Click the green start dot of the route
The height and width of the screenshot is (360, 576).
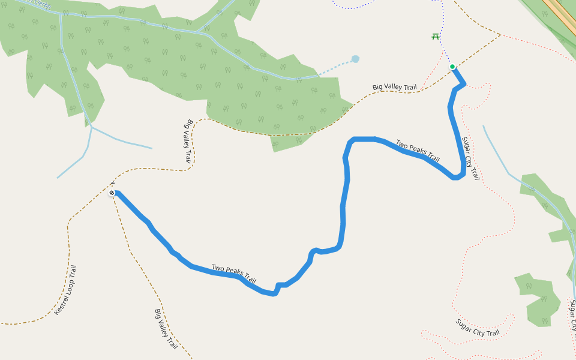point(452,67)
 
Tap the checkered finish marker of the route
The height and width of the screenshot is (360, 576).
point(112,193)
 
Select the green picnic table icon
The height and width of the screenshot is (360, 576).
point(436,37)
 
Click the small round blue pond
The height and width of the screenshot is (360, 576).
point(355,59)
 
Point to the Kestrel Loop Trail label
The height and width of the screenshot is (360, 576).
point(65,290)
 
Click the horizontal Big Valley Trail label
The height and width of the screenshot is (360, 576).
point(394,88)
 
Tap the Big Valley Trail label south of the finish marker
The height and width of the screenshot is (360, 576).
point(166,329)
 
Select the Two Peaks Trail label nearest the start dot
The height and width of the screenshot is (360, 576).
point(418,151)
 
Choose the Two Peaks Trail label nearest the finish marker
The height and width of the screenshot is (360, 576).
point(234,274)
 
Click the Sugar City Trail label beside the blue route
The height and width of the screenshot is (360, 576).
point(470,158)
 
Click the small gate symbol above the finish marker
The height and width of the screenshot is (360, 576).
point(112,183)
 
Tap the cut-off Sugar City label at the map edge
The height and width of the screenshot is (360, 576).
point(572,316)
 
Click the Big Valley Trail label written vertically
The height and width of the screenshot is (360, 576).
point(188,142)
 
